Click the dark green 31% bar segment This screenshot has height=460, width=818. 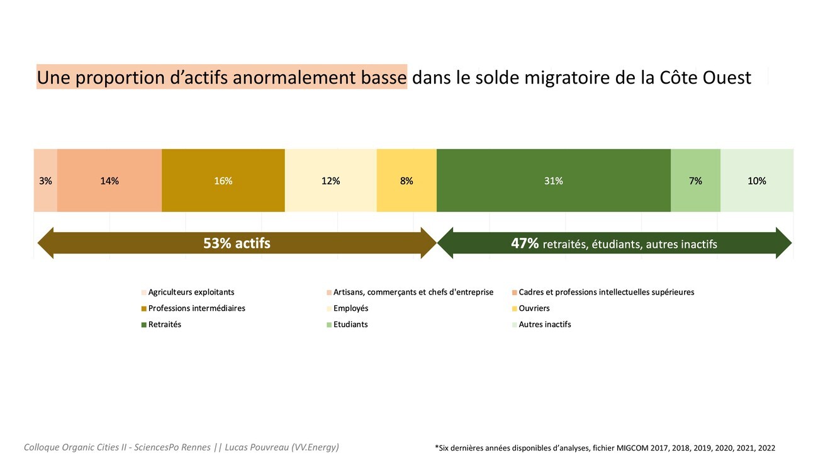point(553,181)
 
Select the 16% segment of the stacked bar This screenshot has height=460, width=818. point(223,181)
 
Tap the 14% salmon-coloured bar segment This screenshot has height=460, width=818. point(109,181)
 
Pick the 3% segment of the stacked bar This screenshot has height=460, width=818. point(45,181)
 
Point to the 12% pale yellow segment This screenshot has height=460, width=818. point(330,181)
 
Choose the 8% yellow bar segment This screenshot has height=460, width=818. point(406,181)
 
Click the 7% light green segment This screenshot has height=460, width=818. point(695,181)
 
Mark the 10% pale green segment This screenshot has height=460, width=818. point(756,181)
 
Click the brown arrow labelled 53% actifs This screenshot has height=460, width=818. point(237,243)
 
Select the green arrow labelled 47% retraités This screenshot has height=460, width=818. point(613,243)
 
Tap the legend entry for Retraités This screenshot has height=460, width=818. point(164,325)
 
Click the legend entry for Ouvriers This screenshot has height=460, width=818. point(534,308)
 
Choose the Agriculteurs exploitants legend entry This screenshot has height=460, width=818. point(191,292)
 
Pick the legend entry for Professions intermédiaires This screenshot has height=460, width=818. point(196,308)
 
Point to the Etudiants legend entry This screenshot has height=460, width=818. point(350,325)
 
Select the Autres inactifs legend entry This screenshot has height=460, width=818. point(544,325)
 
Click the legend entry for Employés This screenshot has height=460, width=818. point(350,308)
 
